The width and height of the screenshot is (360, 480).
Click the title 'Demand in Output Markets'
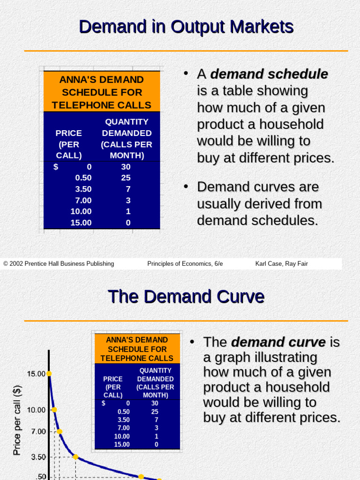(186, 27)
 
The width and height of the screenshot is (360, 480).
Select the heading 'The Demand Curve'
(186, 297)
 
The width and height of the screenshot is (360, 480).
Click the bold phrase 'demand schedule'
(269, 74)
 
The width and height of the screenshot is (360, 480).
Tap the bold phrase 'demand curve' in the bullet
(278, 342)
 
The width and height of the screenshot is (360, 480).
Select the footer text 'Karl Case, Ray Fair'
(281, 264)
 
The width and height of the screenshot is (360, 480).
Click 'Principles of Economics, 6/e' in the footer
(185, 264)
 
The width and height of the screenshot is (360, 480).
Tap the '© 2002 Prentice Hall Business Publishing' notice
(59, 264)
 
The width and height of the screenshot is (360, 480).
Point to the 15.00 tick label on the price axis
(36, 374)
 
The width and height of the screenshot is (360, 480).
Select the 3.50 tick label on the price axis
(38, 457)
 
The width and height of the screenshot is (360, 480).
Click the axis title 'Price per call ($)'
(17, 420)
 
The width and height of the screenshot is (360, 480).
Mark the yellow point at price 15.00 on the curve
(49, 374)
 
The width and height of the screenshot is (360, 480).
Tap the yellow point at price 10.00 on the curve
(54, 410)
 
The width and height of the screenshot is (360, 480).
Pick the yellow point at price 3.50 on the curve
(75, 457)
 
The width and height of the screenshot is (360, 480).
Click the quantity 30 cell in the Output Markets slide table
(126, 167)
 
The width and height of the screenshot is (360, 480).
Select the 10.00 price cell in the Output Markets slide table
(81, 211)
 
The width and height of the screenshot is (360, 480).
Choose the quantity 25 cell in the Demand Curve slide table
(155, 412)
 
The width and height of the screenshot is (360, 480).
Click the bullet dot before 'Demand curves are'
(186, 186)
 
